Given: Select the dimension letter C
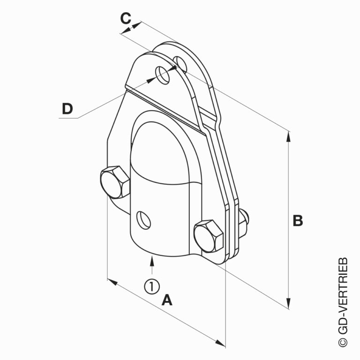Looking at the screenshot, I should [x=125, y=19].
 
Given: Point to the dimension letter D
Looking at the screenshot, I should [x=67, y=109].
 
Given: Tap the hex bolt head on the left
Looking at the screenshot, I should [x=114, y=183].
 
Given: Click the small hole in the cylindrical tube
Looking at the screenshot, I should [x=143, y=219].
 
